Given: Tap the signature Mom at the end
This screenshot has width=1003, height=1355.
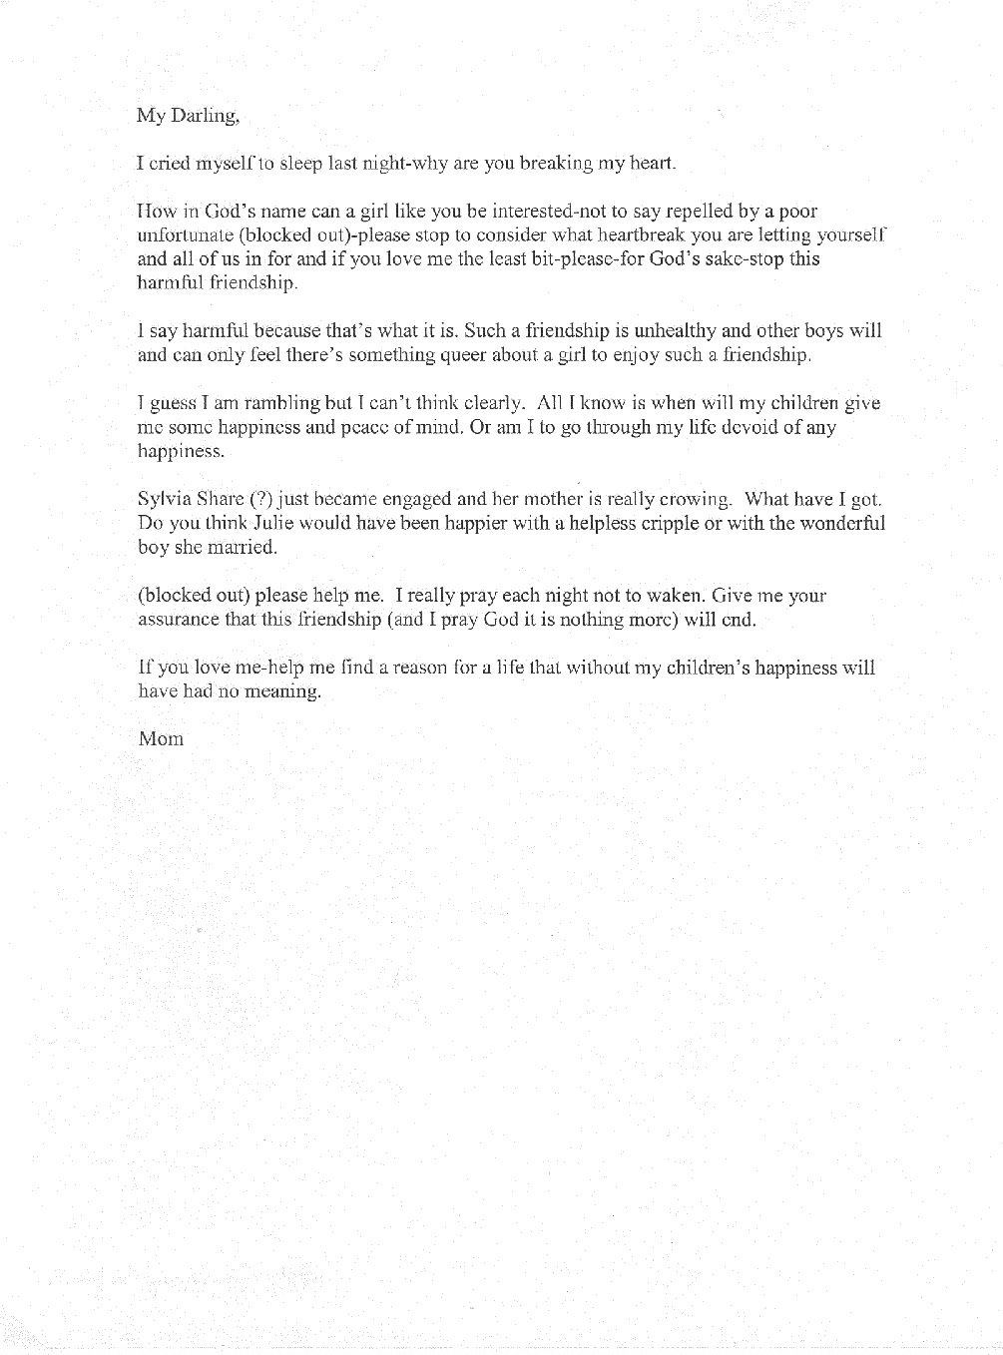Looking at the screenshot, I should coord(161,739).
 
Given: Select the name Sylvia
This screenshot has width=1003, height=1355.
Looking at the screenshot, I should coord(164,499).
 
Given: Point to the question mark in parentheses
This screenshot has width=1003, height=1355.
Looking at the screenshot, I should coord(260,499).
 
